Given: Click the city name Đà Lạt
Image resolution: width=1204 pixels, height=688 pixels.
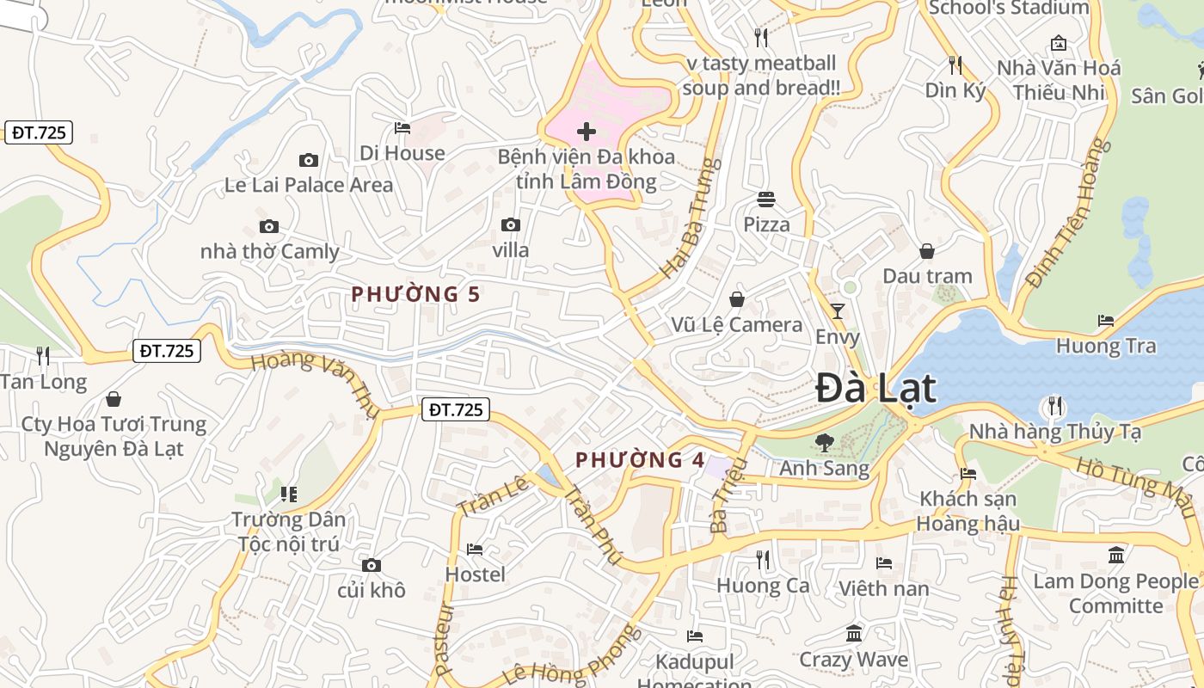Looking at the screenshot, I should point(875,389).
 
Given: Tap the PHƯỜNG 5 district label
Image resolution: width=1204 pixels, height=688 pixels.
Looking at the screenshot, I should point(415,294).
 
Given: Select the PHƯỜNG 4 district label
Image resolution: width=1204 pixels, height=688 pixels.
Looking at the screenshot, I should point(641,460).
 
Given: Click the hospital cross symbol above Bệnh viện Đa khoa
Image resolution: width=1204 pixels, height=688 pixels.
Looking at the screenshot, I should point(587,132).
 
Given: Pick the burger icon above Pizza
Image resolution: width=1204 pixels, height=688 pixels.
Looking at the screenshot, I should point(766,200).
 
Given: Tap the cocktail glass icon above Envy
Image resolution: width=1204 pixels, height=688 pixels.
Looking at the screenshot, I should point(838,311).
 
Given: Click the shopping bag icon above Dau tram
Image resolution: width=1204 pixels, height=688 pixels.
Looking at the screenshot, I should point(927,251).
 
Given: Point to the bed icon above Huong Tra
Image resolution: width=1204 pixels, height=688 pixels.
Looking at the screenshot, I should point(1106,321).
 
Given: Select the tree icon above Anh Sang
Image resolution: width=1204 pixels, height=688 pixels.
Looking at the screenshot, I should point(824,443).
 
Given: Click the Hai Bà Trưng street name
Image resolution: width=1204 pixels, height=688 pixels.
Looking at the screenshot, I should point(690,218).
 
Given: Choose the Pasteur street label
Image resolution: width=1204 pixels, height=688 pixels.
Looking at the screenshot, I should point(444,638).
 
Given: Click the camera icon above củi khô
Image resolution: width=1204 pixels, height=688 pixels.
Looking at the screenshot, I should point(372,565).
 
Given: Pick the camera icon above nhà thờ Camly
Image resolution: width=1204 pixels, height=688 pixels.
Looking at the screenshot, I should point(269,227).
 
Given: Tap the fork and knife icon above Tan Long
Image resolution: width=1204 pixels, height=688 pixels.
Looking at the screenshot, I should point(43,355).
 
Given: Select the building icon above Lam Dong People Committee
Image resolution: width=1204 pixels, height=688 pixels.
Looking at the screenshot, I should point(1116,555).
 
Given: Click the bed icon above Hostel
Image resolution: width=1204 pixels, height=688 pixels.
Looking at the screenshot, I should point(475,549).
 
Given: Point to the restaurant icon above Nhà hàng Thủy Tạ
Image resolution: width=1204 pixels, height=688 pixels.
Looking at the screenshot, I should point(1054,405).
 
